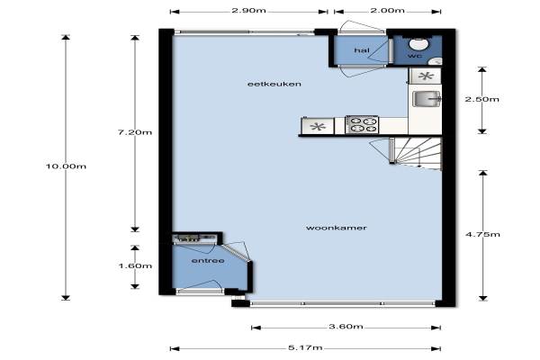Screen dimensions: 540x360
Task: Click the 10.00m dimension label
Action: (x=66, y=166)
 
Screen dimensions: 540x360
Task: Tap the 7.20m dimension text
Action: (x=135, y=132)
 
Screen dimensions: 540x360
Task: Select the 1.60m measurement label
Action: (x=135, y=266)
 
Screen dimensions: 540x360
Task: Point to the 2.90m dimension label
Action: (x=248, y=10)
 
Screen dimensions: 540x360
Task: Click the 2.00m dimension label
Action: (x=387, y=10)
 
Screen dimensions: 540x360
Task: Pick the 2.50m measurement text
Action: (x=481, y=99)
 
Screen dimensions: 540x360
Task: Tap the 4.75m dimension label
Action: (x=482, y=234)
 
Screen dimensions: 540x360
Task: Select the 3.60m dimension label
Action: (x=346, y=326)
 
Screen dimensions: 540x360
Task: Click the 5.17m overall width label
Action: (x=305, y=347)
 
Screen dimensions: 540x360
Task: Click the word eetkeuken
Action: (x=274, y=84)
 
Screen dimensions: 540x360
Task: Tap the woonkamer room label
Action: (x=336, y=228)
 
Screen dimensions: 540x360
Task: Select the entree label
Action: (x=208, y=261)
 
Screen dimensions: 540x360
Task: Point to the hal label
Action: (x=362, y=50)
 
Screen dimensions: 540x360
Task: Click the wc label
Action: (x=415, y=56)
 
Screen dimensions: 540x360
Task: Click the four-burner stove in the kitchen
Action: (x=362, y=125)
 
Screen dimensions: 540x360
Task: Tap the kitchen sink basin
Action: (x=427, y=99)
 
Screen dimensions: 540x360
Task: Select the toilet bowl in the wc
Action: (x=418, y=44)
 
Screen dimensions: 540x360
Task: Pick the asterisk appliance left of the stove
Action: (x=318, y=126)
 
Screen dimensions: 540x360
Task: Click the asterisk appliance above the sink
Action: (x=426, y=76)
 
